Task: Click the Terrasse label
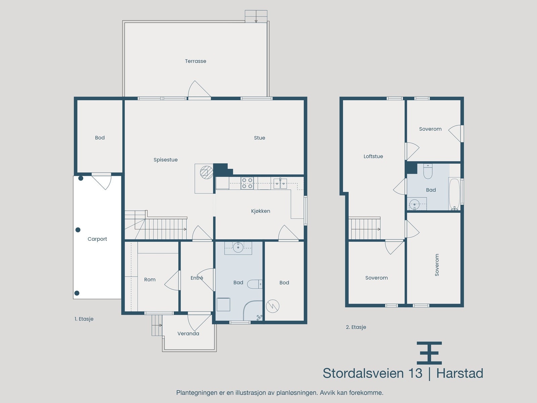coord(195,61)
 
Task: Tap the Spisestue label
coord(165,160)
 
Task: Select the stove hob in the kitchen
coord(247,183)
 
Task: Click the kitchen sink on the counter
coord(280,183)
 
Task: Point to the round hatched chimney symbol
coord(206,172)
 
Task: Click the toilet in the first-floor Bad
coord(254,284)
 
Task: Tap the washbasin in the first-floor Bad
coord(238,248)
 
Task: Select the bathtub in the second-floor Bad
coord(454,194)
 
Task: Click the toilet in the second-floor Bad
coord(428,171)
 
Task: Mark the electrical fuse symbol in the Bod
coord(273,306)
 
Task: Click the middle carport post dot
coord(78,230)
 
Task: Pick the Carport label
coord(97,239)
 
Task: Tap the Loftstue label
coord(373,156)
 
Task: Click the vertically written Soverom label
coord(437,265)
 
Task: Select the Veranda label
coord(188,333)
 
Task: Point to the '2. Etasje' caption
coord(356,327)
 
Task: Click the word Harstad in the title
coord(459,373)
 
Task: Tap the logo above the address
coord(429,353)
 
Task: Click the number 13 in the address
coord(415,373)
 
